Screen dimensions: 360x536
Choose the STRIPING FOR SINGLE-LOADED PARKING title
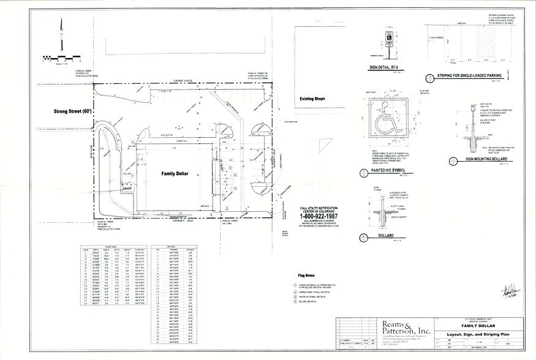(x=470, y=75)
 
